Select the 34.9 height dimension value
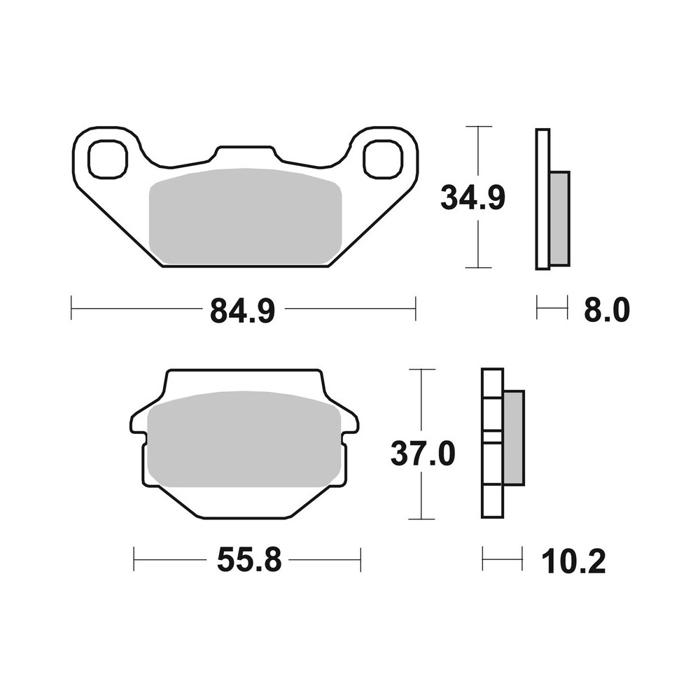pyautogui.click(x=472, y=197)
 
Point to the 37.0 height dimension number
pyautogui.click(x=423, y=455)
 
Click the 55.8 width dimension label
pyautogui.click(x=248, y=560)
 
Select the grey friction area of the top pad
pyautogui.click(x=245, y=217)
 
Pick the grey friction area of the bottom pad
pyautogui.click(x=245, y=441)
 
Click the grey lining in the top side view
pyautogui.click(x=559, y=218)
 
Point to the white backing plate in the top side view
pyautogui.click(x=542, y=199)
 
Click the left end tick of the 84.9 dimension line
pyautogui.click(x=72, y=309)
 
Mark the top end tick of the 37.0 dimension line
pyautogui.click(x=421, y=369)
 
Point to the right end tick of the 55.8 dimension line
pyautogui.click(x=360, y=560)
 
